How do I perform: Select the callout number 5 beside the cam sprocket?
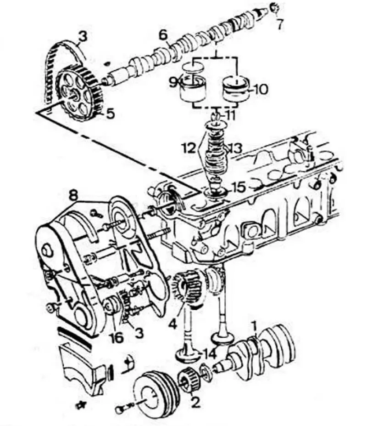[x=110, y=114]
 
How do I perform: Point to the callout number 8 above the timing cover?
[x=73, y=195]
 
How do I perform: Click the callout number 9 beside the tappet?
[x=173, y=82]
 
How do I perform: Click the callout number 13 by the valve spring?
[x=235, y=148]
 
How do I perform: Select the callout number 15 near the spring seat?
[x=238, y=187]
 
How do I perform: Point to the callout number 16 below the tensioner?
[x=116, y=337]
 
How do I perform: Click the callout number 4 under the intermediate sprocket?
[x=173, y=324]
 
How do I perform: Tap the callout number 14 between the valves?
[x=209, y=354]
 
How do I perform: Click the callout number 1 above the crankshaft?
[x=254, y=326]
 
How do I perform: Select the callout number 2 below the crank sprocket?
[x=195, y=402]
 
